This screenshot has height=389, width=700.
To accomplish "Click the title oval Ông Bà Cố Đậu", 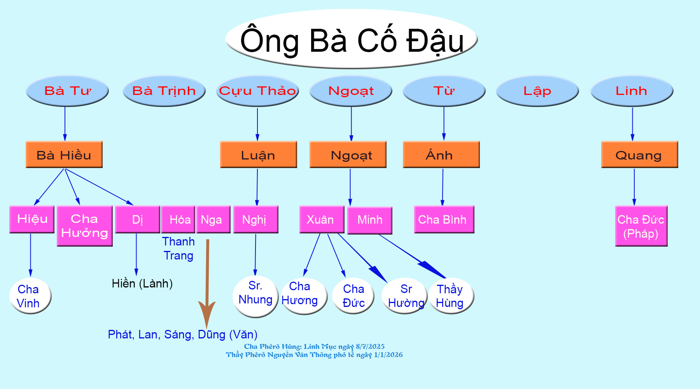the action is (351, 39).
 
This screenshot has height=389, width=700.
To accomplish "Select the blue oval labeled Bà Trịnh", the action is (164, 91).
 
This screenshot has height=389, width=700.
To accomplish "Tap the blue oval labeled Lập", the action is (537, 91).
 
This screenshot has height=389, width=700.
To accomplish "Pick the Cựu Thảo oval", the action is (257, 91).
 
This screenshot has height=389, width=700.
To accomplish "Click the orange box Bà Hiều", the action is (64, 154).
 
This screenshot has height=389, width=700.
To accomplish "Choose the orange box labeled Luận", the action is (259, 154).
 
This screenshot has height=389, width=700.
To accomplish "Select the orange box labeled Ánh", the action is (441, 154).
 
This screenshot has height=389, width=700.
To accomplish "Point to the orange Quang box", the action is (640, 154).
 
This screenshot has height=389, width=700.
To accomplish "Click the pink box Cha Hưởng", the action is (85, 226).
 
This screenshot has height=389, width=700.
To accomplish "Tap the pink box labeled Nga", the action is (213, 219).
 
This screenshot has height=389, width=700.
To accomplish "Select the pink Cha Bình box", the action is (444, 219).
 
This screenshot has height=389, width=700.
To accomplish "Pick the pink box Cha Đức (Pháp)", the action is (641, 226).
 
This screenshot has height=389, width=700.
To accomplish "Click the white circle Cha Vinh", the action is (30, 296).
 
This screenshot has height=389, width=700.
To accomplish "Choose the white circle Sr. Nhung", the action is (255, 296).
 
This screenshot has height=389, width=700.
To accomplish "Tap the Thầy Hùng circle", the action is (451, 296).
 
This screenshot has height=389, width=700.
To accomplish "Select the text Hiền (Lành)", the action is (142, 284).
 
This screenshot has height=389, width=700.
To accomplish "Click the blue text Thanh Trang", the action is (178, 249).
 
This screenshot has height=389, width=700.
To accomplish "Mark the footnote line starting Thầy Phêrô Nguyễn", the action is (314, 355).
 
